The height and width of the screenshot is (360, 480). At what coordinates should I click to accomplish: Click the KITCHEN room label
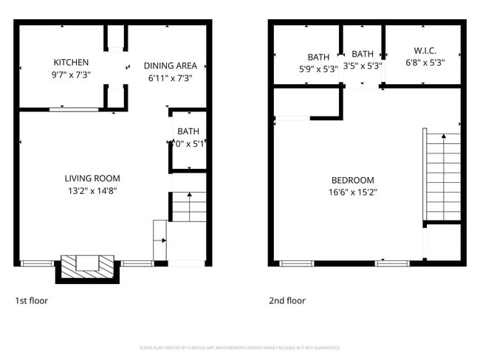point(71,63)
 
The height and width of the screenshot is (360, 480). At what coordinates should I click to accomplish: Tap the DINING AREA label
point(170,65)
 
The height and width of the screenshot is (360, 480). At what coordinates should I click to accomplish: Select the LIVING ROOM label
point(92,179)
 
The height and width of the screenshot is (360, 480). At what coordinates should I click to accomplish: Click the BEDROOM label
point(352,181)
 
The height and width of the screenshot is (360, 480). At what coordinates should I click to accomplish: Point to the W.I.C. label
point(425,51)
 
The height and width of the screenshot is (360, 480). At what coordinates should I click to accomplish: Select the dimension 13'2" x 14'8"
point(92,191)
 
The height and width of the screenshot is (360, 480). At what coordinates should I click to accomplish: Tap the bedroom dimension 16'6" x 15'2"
point(352,193)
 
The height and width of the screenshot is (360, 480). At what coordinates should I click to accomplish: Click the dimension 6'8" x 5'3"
point(425,63)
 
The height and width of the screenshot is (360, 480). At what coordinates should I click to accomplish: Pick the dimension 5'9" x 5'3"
point(318,69)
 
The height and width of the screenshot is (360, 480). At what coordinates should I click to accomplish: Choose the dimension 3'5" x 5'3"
point(362,66)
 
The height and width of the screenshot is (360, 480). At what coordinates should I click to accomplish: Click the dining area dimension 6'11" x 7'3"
point(170,77)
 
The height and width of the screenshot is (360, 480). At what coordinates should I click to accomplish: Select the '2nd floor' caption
point(287,301)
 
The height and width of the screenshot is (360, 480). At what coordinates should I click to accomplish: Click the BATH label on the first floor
point(188,132)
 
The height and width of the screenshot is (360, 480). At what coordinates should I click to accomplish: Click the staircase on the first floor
point(189,207)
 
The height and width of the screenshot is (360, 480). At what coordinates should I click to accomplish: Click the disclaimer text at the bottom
point(240,347)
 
